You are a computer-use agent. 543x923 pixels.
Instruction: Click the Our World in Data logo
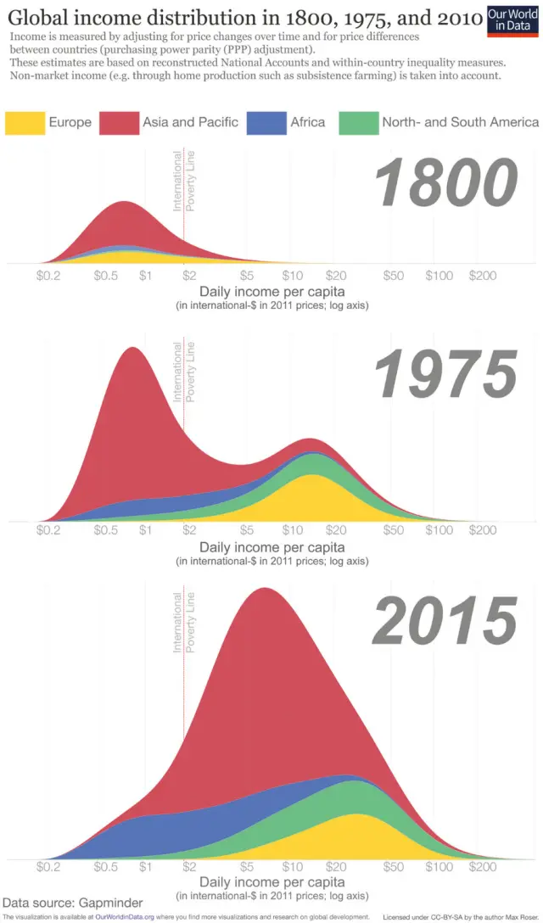coord(513,20)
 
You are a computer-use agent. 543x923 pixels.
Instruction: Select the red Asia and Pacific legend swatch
coord(118,122)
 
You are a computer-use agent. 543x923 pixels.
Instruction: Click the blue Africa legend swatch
coord(266,122)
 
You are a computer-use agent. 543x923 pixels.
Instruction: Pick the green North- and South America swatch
coord(357,122)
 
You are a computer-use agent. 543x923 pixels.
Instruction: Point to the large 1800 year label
coord(445,183)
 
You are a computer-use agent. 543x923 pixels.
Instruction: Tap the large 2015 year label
coord(445,621)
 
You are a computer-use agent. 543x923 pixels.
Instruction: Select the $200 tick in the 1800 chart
coord(482,276)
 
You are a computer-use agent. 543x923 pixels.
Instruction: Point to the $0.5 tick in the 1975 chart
coord(105,531)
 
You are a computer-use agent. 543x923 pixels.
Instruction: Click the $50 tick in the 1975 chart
coord(393,531)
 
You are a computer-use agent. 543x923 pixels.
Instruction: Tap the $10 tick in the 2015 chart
coord(293,868)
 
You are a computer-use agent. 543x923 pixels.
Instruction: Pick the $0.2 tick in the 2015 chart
coord(49,868)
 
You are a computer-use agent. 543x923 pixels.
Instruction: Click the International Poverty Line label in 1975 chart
coord(183,372)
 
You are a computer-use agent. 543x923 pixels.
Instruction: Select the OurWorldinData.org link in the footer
coord(125,917)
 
